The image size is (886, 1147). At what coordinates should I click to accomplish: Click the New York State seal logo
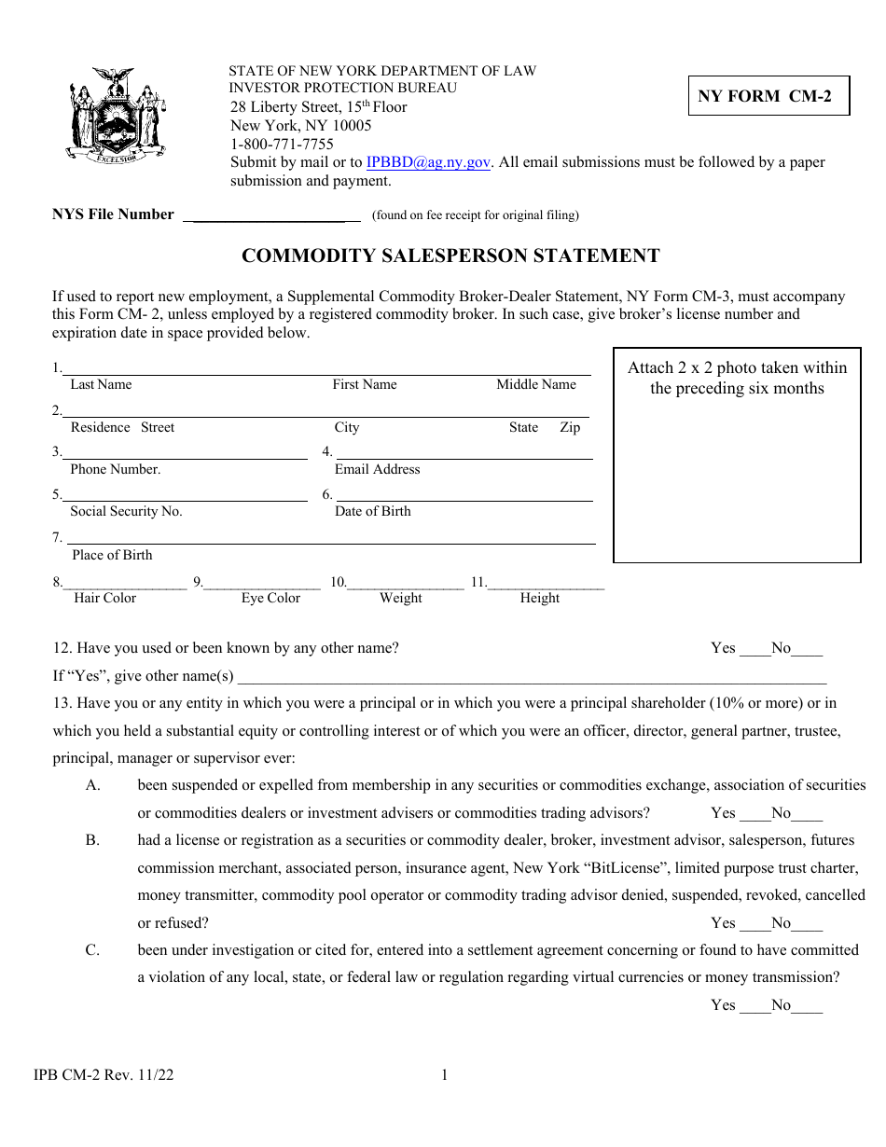click(x=117, y=116)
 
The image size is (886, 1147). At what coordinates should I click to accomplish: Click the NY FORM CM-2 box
click(x=768, y=95)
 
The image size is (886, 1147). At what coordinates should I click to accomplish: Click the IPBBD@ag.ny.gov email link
click(x=428, y=162)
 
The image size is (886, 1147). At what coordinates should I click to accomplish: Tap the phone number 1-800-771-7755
click(x=282, y=144)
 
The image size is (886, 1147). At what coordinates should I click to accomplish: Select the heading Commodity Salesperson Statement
click(x=450, y=256)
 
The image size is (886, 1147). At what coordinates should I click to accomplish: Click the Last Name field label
click(x=101, y=385)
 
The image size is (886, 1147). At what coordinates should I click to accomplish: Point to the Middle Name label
click(x=535, y=385)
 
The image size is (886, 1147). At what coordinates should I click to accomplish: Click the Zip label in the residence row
click(x=570, y=428)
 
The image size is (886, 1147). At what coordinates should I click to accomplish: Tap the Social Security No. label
click(x=126, y=512)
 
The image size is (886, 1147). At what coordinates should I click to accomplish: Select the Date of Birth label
click(x=372, y=512)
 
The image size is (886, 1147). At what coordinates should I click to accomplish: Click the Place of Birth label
click(x=112, y=556)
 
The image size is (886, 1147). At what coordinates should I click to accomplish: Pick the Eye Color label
click(x=270, y=599)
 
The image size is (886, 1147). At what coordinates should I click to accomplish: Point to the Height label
click(x=539, y=599)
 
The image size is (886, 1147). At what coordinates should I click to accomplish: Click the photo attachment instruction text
click(x=737, y=378)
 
